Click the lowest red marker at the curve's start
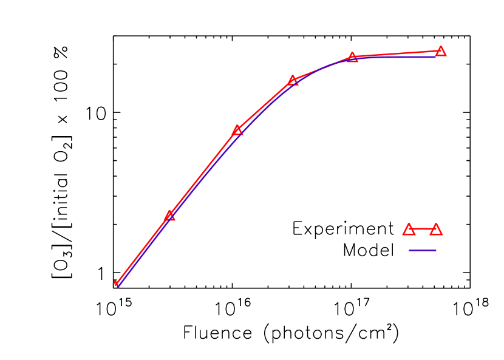[115, 284]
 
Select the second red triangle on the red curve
[169, 216]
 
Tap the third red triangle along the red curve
[237, 130]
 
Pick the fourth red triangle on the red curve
[293, 80]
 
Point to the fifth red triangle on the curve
[352, 58]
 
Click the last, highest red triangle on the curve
[441, 51]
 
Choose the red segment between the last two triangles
[397, 54]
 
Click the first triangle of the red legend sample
[409, 229]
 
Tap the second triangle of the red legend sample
[436, 229]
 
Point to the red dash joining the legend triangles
[423, 229]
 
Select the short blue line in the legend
[423, 250]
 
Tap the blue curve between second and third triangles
[203, 176]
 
